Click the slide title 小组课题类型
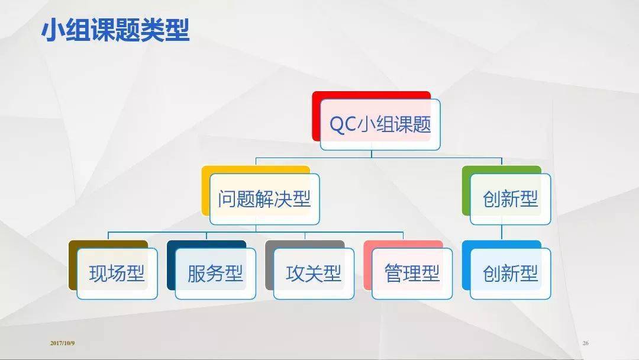(x=115, y=30)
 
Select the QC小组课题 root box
(x=380, y=125)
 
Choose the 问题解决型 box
(x=264, y=199)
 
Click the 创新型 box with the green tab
(x=510, y=199)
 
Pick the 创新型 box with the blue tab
(x=510, y=274)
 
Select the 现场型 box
(x=117, y=274)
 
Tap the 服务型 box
(x=215, y=274)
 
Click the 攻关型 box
(x=314, y=274)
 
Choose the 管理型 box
(x=412, y=274)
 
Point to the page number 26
(x=586, y=343)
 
